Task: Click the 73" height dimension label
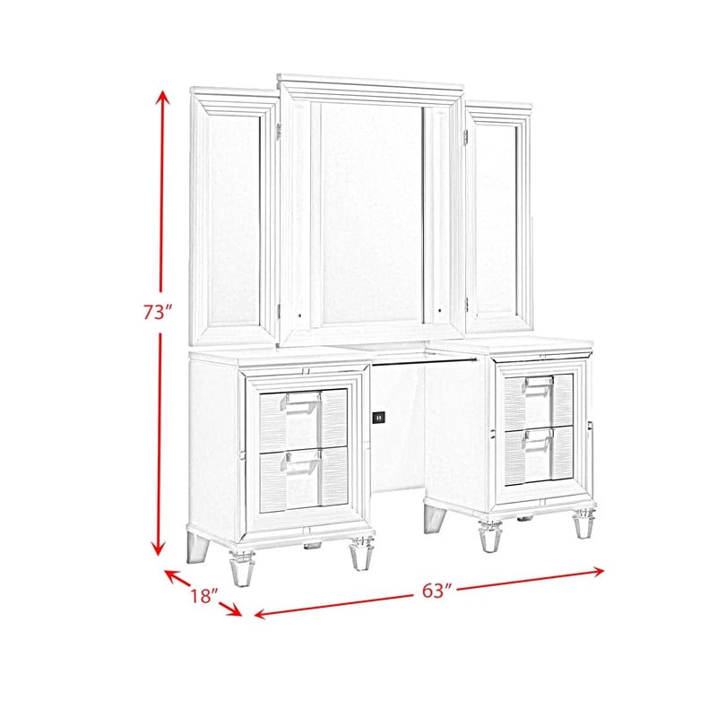[156, 312]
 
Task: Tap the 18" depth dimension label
[203, 596]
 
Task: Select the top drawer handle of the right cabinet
[538, 384]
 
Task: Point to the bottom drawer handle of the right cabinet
[538, 436]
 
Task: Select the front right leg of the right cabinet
[584, 526]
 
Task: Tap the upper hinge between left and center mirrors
[280, 131]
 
